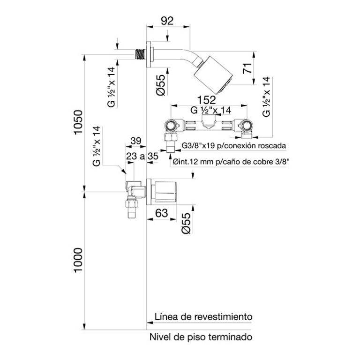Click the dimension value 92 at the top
(167, 21)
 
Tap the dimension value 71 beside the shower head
(247, 68)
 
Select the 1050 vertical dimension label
(78, 122)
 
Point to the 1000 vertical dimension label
(78, 260)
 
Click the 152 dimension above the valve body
(206, 100)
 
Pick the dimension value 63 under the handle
(162, 213)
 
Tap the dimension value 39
(136, 141)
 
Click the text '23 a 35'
(142, 157)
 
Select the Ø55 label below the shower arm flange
(161, 85)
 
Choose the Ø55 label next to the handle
(186, 223)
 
